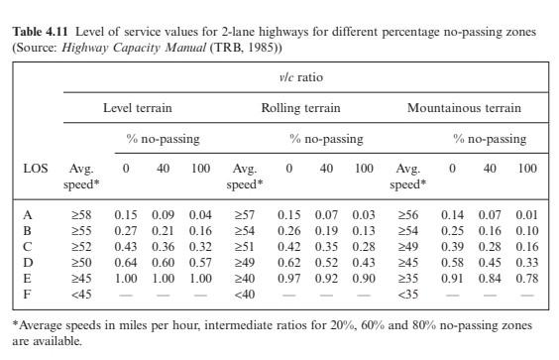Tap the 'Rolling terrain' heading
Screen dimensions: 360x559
(x=300, y=108)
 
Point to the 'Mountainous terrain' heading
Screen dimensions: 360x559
(x=464, y=108)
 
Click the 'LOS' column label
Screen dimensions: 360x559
(x=35, y=169)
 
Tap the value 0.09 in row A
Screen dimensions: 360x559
(x=164, y=213)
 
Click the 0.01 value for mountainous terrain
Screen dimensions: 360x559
(x=526, y=213)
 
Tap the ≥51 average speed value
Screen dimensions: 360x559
(x=243, y=245)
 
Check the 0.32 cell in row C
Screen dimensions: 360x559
(x=200, y=245)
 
